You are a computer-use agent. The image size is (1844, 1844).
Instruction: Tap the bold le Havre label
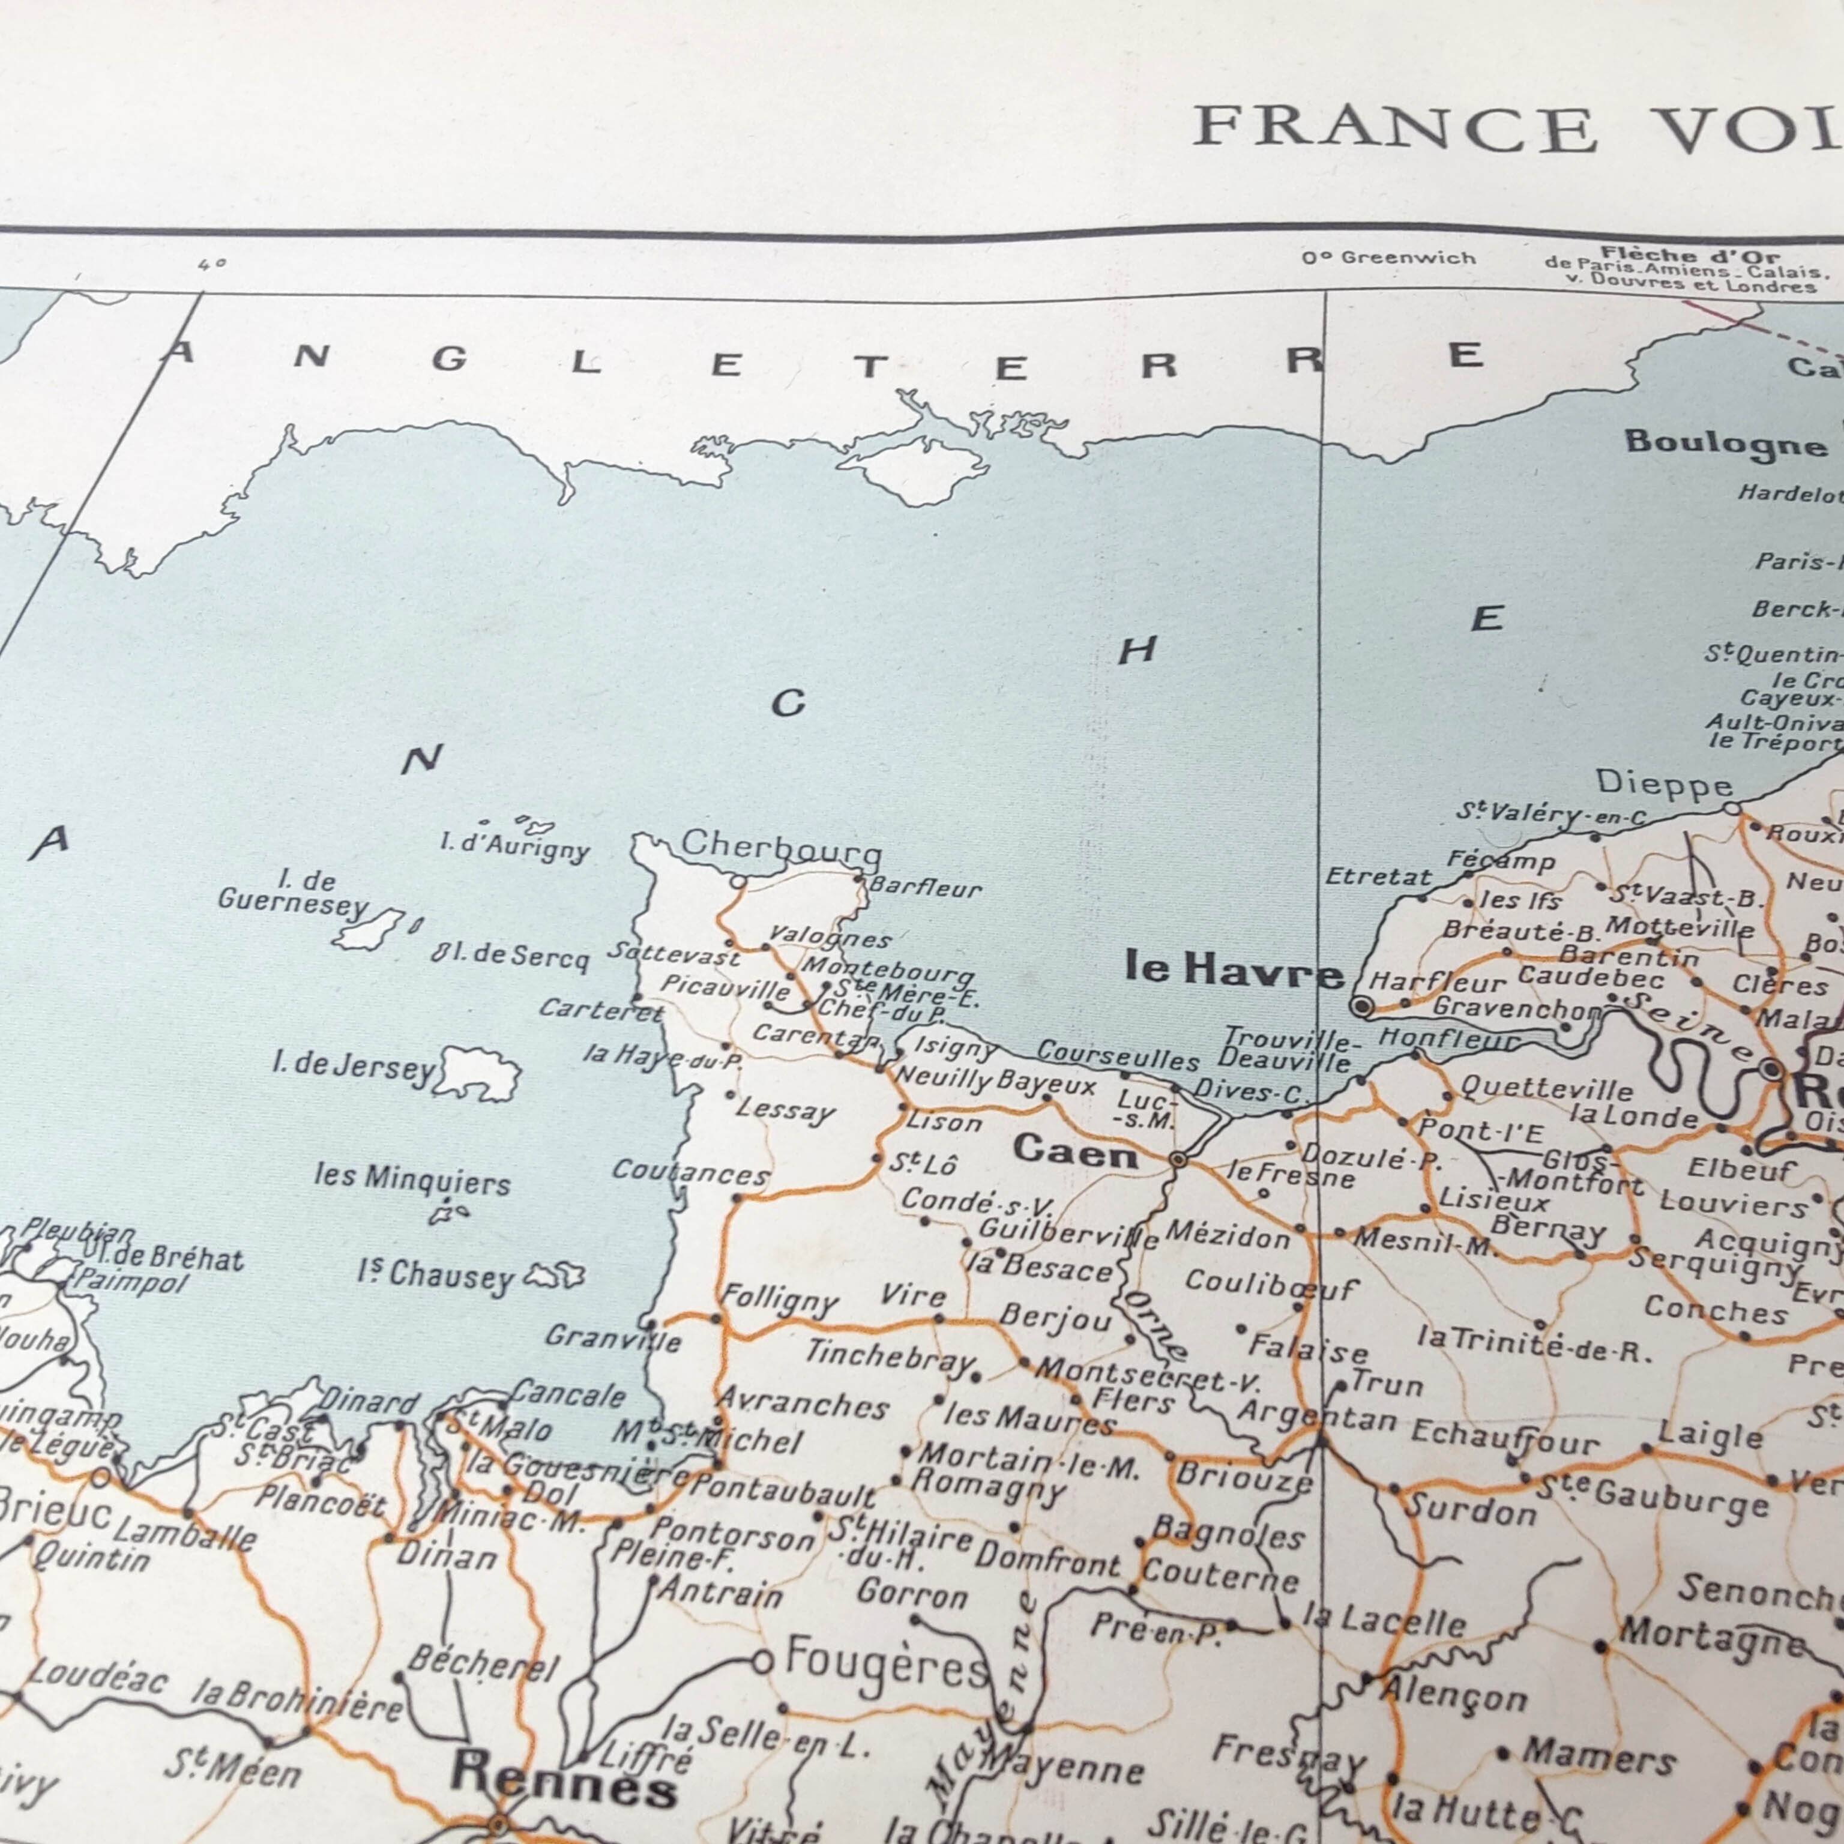[1233, 971]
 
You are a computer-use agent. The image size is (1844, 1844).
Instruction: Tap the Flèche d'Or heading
[1689, 256]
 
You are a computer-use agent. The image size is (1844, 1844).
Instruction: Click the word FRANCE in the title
[1393, 130]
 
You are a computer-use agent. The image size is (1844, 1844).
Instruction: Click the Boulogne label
[1725, 443]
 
